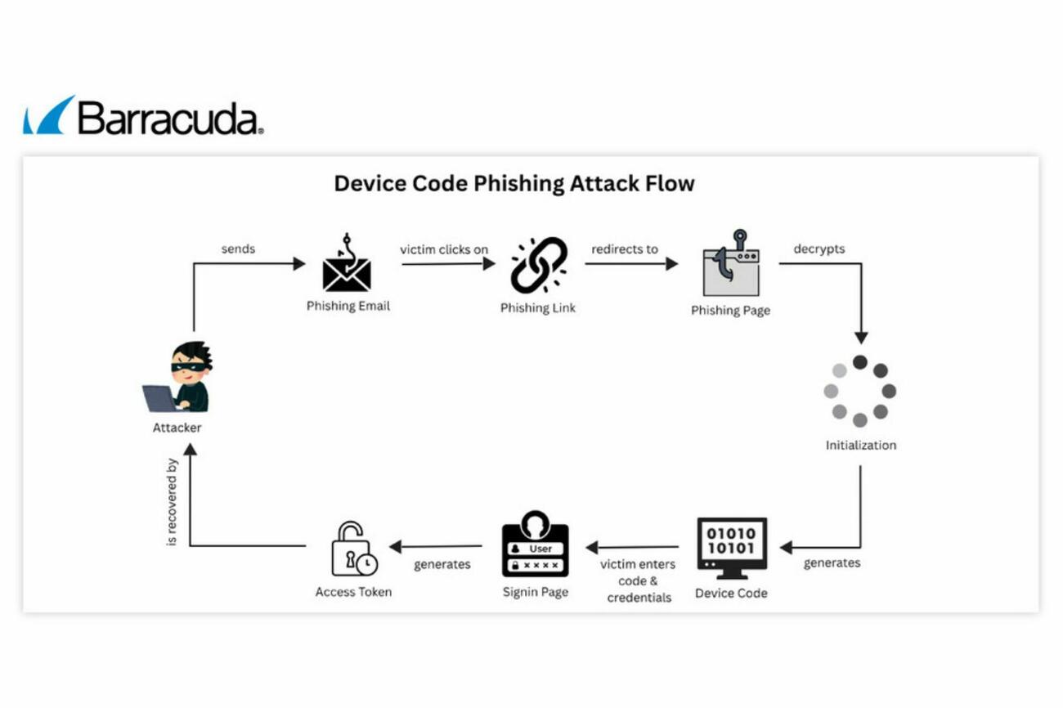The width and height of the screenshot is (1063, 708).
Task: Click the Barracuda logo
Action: point(143,116)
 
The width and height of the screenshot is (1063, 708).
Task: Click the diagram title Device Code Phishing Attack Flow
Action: point(514,183)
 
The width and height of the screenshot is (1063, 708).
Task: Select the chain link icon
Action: point(539,265)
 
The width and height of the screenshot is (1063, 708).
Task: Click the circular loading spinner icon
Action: point(859,391)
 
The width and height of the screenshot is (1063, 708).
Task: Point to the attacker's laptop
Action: point(159,398)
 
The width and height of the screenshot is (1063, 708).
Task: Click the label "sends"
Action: point(238,249)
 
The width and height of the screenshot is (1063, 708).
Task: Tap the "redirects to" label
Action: point(625,249)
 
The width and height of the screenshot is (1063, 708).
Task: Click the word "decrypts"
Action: point(819,249)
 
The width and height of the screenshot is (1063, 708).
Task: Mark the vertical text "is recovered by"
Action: point(172,502)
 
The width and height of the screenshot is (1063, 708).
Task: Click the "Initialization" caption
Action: point(860,446)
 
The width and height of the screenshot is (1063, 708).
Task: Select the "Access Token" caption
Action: point(353,591)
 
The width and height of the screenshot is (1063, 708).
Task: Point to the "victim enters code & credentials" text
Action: point(639,580)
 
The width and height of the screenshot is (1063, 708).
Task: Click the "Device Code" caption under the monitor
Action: point(731,593)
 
